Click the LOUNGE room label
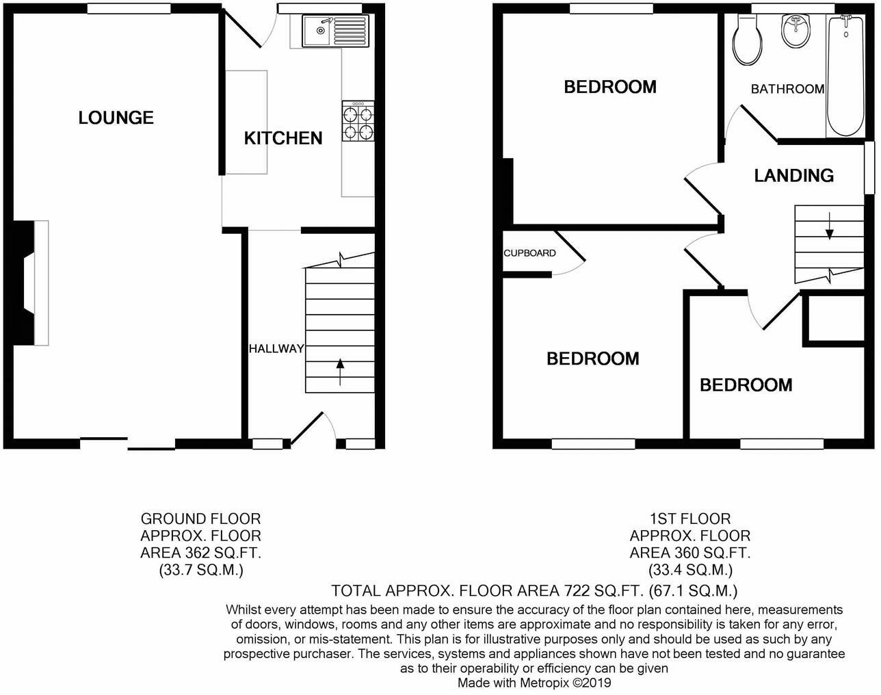pos(116,118)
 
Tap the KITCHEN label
pos(283,138)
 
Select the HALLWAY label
pos(276,349)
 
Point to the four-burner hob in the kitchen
pos(358,120)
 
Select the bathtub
pos(845,75)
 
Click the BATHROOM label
pos(787,89)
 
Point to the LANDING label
pos(793,176)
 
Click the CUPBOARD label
pos(529,253)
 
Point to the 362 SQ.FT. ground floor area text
pos(222,553)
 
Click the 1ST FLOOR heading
pos(689,519)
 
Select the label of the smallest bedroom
pos(746,385)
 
